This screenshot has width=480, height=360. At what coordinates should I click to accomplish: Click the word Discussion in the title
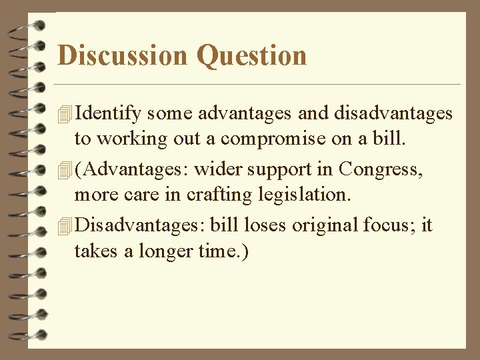point(123,55)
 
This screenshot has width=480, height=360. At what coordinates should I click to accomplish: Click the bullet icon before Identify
point(65,115)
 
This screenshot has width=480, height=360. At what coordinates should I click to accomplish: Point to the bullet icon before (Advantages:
point(65,171)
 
